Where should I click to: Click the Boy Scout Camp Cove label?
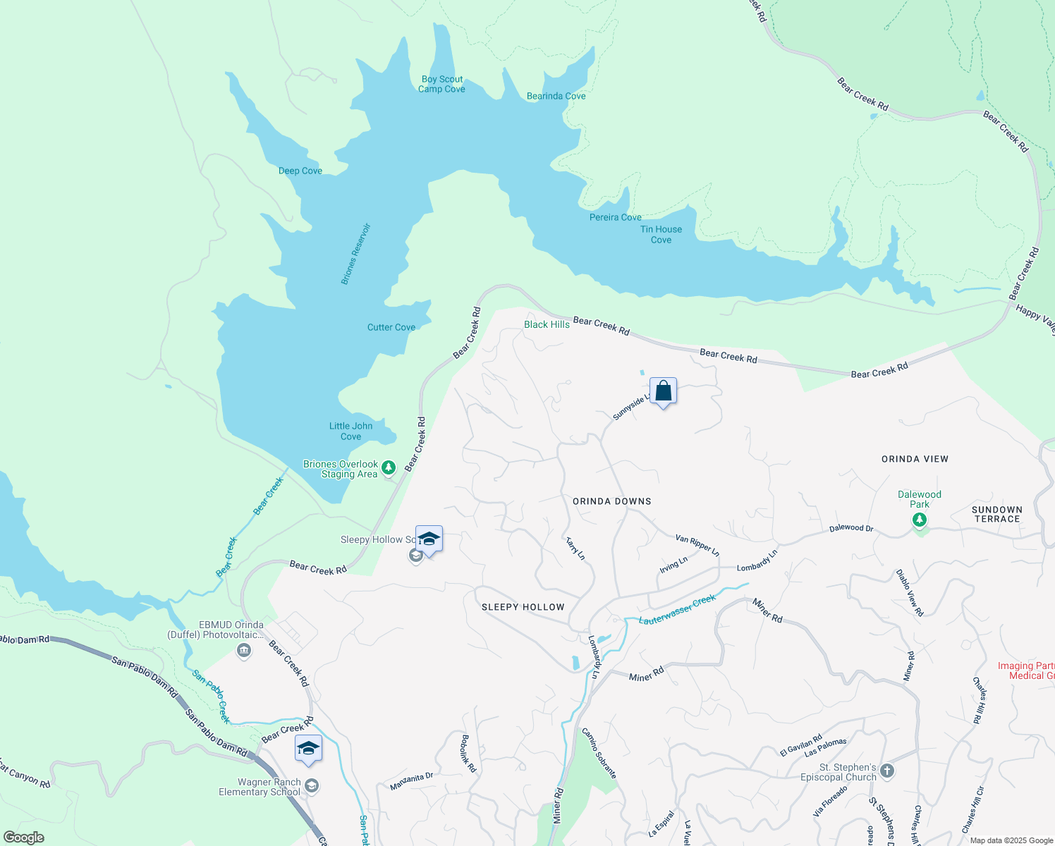point(442,85)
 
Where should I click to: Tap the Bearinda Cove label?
point(556,97)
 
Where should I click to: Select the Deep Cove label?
point(300,171)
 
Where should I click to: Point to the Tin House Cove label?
point(661,235)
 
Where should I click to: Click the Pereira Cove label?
point(615,218)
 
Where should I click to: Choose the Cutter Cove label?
point(391,328)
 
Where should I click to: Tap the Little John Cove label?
point(350,431)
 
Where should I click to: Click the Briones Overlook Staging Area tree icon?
point(389,467)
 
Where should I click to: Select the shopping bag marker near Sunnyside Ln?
point(664,391)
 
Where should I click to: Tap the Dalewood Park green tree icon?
point(919,520)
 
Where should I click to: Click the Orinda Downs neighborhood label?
point(611,502)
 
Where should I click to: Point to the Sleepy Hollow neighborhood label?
point(523,608)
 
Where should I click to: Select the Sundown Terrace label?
point(996,515)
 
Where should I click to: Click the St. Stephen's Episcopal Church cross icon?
point(887,771)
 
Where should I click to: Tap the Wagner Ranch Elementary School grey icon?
point(312,785)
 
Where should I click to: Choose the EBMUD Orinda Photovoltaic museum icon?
point(244,650)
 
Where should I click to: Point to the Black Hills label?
point(547,325)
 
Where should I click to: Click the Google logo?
point(24,838)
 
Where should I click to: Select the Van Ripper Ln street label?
point(697,546)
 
